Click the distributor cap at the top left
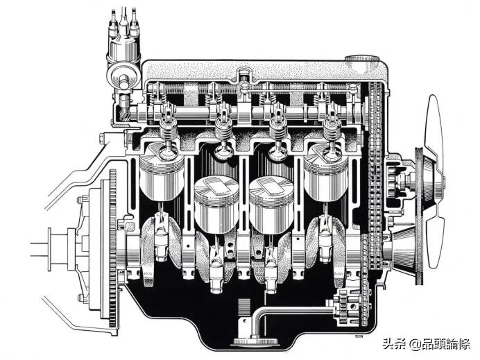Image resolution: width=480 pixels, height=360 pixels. pos(123,46)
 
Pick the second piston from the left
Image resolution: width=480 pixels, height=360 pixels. pos(216,205)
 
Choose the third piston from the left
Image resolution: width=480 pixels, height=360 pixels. pos(271,205)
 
